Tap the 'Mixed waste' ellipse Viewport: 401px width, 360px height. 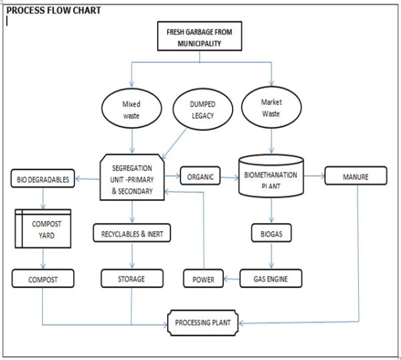(132, 109)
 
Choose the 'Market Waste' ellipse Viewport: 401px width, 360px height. (271, 108)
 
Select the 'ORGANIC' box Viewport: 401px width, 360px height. (199, 177)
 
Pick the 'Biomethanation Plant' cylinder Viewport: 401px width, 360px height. (271, 178)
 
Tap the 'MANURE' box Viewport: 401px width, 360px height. (355, 176)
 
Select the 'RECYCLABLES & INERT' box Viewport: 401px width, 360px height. (132, 234)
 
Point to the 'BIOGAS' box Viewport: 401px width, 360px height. (271, 234)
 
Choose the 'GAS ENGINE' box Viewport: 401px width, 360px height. (271, 278)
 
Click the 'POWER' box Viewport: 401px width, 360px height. (203, 279)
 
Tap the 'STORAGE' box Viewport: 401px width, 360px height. (132, 278)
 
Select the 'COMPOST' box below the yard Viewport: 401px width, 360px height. (43, 278)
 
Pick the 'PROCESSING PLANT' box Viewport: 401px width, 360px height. (203, 323)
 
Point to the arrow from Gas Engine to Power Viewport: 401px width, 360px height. (231, 279)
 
